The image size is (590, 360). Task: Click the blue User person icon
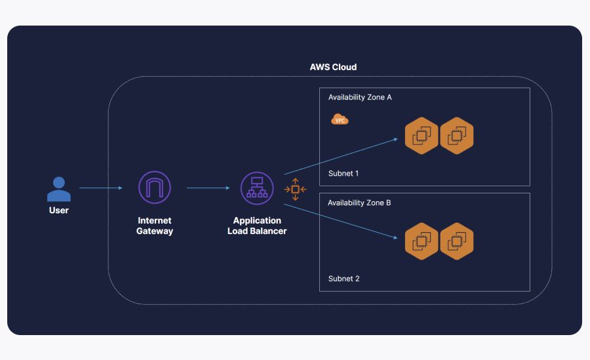(x=59, y=189)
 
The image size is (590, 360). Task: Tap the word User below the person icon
(x=59, y=210)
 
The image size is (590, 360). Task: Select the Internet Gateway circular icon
(x=155, y=188)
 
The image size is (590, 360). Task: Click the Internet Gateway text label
(x=155, y=226)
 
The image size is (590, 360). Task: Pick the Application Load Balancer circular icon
(x=257, y=188)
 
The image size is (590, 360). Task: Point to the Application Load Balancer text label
(x=257, y=226)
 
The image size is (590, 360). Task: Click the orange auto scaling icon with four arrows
(x=295, y=190)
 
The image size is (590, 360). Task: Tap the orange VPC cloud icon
(x=340, y=119)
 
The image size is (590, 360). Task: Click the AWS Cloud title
(x=333, y=68)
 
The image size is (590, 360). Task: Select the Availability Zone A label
(x=360, y=97)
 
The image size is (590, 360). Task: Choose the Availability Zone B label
(x=359, y=203)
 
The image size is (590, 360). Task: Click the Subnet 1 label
(x=344, y=174)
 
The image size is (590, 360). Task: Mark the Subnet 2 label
(x=344, y=279)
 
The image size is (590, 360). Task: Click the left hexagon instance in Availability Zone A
(x=421, y=136)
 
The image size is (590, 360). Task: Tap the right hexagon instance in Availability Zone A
(x=456, y=136)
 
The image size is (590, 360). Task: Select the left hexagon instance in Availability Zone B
(x=421, y=241)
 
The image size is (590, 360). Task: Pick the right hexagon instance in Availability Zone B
(x=456, y=241)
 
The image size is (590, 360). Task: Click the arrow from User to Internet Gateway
(x=101, y=188)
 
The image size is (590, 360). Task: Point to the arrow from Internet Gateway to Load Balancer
(x=208, y=188)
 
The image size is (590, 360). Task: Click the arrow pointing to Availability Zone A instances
(x=341, y=156)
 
